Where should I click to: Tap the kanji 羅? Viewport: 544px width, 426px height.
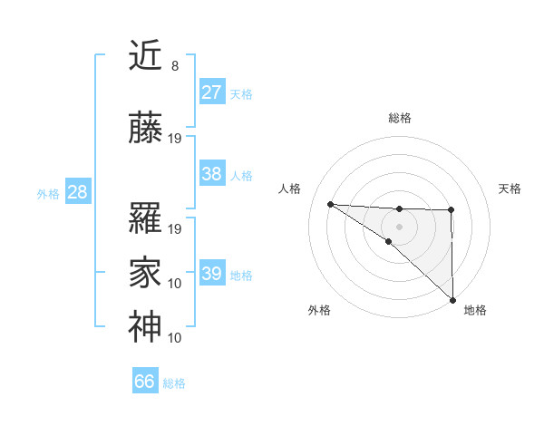coord(146,218)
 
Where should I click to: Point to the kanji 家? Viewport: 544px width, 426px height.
coord(146,271)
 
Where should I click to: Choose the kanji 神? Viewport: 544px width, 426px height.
coord(146,325)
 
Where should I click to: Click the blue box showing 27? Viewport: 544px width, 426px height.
coord(211,92)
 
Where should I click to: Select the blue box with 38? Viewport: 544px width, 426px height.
coord(211,174)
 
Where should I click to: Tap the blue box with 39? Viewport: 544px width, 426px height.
coord(211,274)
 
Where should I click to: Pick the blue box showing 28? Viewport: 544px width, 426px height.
coord(77,192)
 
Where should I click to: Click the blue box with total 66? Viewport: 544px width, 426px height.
coord(145,382)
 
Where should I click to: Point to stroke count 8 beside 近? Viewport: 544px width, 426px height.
coord(174,66)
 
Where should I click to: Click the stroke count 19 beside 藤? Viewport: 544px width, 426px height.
coord(176,139)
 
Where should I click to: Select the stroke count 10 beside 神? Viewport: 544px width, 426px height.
coord(176,338)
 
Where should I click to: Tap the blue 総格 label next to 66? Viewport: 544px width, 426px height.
coord(174,383)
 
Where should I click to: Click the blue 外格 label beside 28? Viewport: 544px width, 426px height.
coord(48,194)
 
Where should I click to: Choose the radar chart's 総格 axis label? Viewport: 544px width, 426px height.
coord(399,118)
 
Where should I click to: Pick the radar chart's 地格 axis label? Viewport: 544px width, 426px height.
coord(475,310)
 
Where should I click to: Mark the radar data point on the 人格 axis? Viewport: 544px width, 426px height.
coord(330,204)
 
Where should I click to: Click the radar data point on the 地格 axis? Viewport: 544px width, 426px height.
coord(452,299)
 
